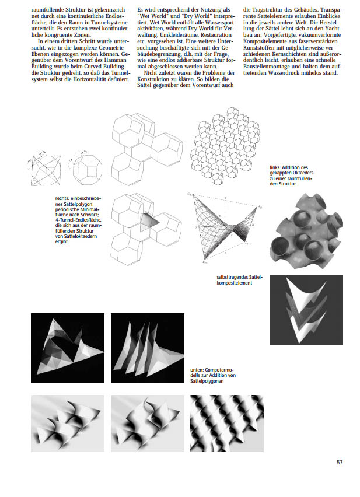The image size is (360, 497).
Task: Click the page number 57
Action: [340, 463]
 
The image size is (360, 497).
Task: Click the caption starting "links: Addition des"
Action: [289, 175]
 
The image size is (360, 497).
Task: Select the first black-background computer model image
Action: [68, 348]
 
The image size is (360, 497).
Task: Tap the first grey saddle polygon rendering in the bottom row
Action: [68, 423]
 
